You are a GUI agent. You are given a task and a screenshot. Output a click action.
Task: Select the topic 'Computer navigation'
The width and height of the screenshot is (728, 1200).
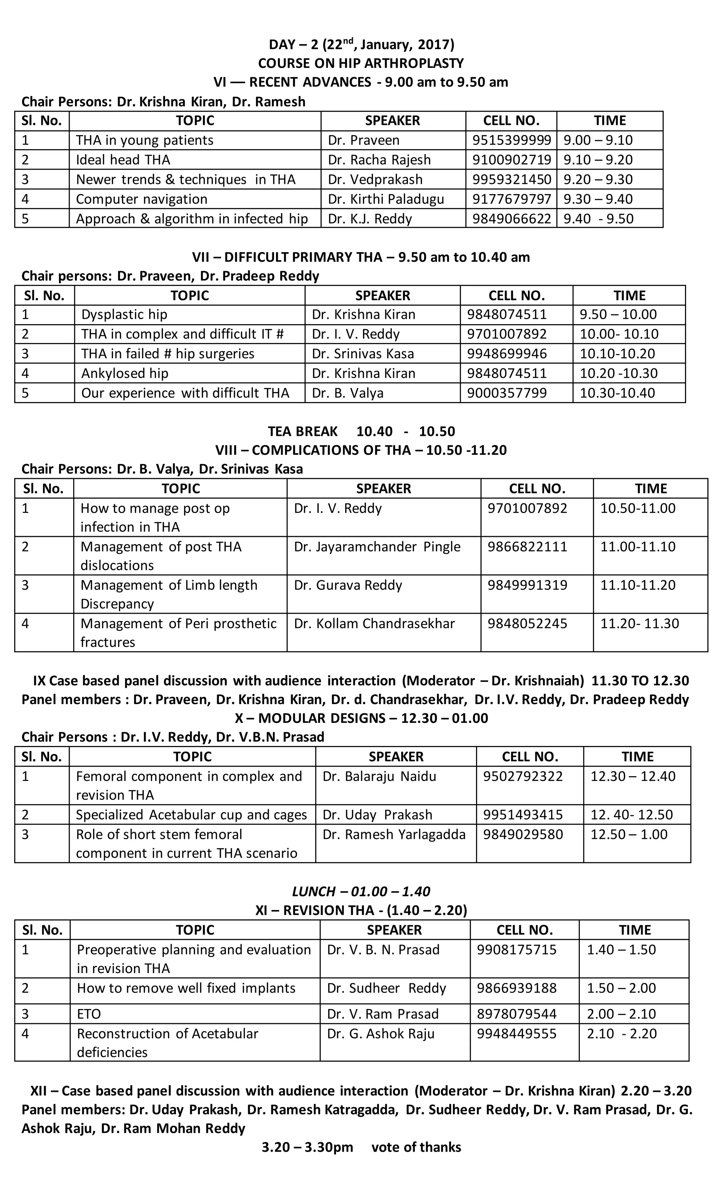141,199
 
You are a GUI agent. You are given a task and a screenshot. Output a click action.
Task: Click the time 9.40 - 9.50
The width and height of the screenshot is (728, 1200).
598,219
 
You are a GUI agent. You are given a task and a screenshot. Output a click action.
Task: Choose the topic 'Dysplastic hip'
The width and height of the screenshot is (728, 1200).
124,314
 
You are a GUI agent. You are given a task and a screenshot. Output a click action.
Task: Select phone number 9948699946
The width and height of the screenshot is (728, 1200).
507,354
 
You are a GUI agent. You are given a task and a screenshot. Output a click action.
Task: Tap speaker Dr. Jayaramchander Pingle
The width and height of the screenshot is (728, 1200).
377,546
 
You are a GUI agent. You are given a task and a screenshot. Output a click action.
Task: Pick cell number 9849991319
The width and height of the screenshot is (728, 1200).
527,585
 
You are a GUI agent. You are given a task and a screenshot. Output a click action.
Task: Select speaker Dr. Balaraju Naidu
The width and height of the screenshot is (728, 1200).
379,776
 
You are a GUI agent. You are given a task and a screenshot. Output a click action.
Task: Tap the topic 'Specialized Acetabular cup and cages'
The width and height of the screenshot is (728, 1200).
191,815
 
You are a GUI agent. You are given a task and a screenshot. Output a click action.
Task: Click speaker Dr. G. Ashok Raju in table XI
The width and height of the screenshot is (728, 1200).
381,1034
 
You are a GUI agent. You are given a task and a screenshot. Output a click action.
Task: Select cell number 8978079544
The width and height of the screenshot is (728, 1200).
516,1014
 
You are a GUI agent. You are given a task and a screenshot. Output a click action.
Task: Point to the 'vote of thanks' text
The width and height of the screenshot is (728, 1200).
416,1147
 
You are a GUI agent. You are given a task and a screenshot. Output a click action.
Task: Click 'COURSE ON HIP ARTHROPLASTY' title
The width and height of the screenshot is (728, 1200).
360,63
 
